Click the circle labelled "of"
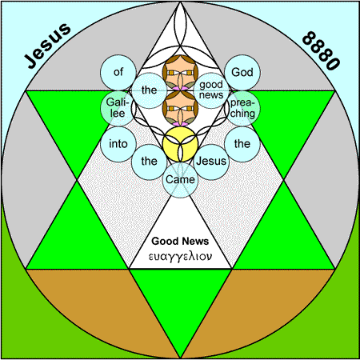tap(118, 72)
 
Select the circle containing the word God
tap(242, 72)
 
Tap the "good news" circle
tap(211, 90)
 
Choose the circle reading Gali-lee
tap(118, 108)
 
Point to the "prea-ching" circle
tap(242, 108)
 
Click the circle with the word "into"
tap(118, 144)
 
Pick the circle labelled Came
tap(180, 180)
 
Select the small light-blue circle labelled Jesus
tap(211, 162)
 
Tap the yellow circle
tap(180, 144)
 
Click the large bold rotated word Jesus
tap(47, 46)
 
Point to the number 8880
tap(321, 51)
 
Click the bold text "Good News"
tap(180, 241)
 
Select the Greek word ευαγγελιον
tap(180, 257)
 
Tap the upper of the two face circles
tap(180, 72)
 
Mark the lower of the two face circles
tap(180, 108)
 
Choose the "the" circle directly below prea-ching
tap(242, 144)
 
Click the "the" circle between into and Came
tap(149, 162)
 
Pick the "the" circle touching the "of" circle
tap(149, 90)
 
